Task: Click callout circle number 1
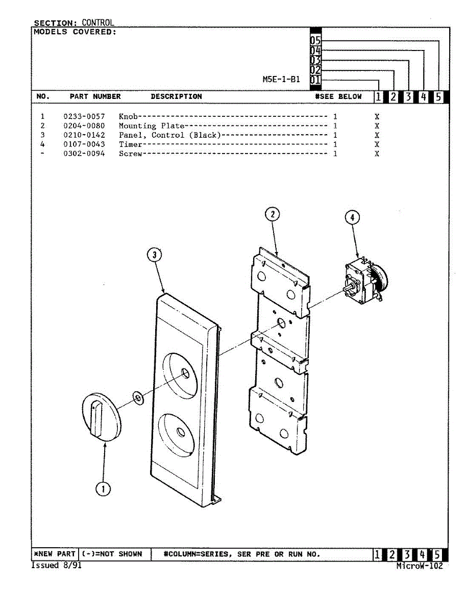tap(103, 489)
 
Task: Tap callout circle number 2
tap(273, 215)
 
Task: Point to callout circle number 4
tap(352, 218)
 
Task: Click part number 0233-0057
tap(84, 116)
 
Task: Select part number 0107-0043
tap(84, 144)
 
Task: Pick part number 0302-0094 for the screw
tap(84, 154)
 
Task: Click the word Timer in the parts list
tap(130, 144)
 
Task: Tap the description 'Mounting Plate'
tap(152, 125)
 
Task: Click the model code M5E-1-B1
tap(281, 80)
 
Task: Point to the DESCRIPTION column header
tap(176, 96)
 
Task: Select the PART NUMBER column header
tap(95, 96)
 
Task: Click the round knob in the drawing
tap(101, 416)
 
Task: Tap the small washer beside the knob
tap(137, 397)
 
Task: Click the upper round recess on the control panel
tap(184, 374)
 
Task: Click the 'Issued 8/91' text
tap(57, 566)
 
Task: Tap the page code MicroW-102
tap(420, 566)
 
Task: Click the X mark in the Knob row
tap(377, 116)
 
